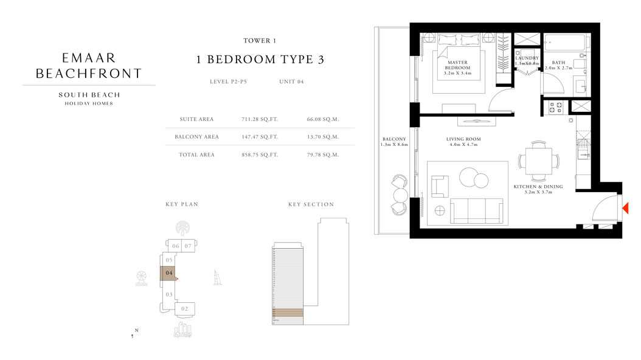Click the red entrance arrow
point(625,209)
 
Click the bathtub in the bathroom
point(564,44)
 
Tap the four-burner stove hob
point(555,108)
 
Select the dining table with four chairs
point(538,161)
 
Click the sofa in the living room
point(477,210)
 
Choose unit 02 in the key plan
point(184,309)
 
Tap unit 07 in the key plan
point(189,246)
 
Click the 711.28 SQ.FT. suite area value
point(260,119)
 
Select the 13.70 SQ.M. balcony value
point(323,137)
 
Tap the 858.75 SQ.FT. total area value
point(260,155)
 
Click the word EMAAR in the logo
point(89,58)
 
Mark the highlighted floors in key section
point(287,313)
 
